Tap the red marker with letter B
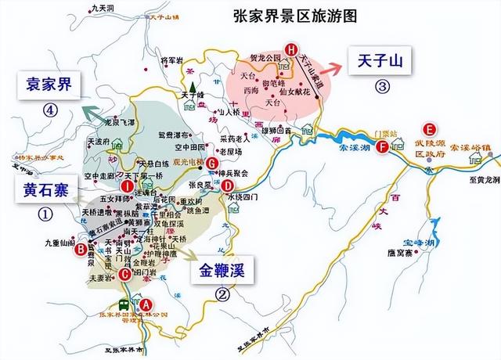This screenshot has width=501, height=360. pos(81,250)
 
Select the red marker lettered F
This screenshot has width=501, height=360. pos(381,146)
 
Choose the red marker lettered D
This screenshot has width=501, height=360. pos(227,186)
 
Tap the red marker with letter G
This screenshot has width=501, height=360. pos(213,163)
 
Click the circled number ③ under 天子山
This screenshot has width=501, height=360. pos(381,85)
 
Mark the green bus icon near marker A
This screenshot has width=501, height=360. pos(124,304)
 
